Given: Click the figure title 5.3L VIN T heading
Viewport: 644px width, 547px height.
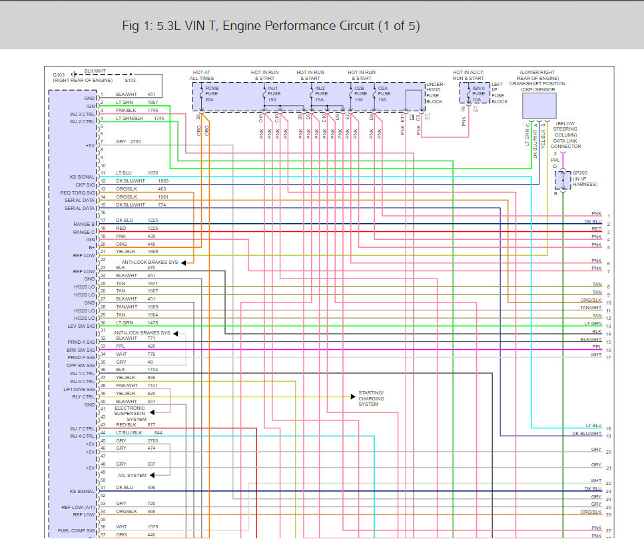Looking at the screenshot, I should (271, 26).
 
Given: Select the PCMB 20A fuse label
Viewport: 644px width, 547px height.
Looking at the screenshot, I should (211, 94).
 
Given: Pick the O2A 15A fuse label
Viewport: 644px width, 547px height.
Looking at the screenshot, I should (384, 94).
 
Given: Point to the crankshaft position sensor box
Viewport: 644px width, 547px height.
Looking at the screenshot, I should (539, 105).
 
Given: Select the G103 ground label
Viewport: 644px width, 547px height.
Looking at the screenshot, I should (59, 74).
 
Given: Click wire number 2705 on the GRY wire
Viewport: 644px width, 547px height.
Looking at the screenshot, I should (136, 142).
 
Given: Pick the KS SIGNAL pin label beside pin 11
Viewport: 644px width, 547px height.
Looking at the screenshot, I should (83, 177).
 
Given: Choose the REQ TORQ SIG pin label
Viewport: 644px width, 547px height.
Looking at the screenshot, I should (79, 193).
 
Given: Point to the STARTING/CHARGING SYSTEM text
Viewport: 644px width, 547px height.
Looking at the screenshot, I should (371, 398).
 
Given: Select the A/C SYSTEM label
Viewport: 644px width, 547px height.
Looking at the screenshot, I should (132, 475).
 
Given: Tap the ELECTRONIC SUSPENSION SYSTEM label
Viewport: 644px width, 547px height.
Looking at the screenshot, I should (130, 413).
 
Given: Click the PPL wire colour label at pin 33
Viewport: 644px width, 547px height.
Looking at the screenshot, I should (121, 346).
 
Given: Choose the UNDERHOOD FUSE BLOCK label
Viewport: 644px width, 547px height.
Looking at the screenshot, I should (434, 93).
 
